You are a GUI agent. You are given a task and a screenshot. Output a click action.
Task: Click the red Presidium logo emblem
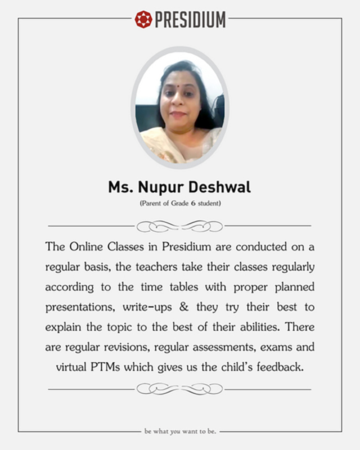[x=143, y=19]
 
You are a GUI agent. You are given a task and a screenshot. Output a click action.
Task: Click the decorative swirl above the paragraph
[x=180, y=226]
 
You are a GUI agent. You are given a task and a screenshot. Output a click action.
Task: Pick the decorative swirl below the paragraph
[x=180, y=389]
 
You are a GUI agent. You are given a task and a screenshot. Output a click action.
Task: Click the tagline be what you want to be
[x=180, y=431]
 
